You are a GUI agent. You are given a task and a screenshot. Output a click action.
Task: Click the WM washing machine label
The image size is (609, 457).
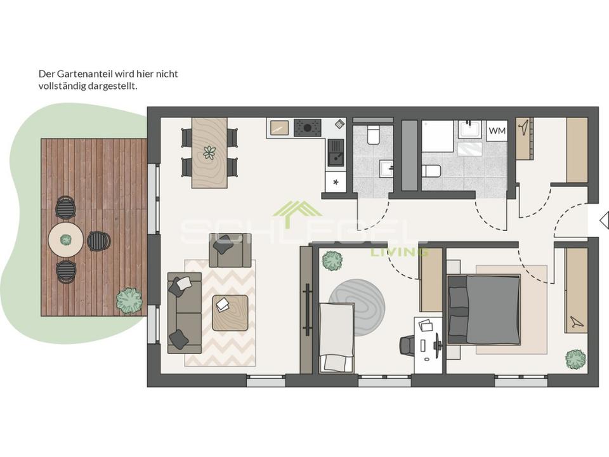pos(497,131)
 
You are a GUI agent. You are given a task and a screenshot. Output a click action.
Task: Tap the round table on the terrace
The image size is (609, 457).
pos(66,239)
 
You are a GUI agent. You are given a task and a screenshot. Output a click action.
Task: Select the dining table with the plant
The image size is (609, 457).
pos(209,152)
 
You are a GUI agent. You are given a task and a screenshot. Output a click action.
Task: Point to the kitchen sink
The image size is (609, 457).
pos(335,153)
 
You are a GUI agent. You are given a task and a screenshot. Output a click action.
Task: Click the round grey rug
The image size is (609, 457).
pos(357,307)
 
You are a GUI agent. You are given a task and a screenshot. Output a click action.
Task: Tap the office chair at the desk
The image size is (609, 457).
pos(407,345)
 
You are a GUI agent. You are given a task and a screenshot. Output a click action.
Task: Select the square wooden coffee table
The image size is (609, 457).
pos(230,313)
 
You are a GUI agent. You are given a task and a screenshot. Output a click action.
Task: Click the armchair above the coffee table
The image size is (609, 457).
pos(230,249)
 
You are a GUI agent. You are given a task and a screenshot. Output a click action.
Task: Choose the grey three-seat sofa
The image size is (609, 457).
pos(184,312)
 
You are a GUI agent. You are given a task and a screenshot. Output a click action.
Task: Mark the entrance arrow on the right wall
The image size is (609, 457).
pos(604,221)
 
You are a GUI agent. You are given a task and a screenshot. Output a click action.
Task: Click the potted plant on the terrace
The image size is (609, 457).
pos(129,300)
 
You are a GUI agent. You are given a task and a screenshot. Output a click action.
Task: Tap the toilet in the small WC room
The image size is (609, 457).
pos(372,135)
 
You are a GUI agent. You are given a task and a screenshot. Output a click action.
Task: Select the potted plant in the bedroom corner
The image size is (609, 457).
pos(575,359)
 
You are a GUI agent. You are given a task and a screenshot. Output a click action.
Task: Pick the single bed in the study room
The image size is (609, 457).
pos(336,336)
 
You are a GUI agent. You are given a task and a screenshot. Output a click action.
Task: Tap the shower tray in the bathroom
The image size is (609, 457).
pos(438,136)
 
